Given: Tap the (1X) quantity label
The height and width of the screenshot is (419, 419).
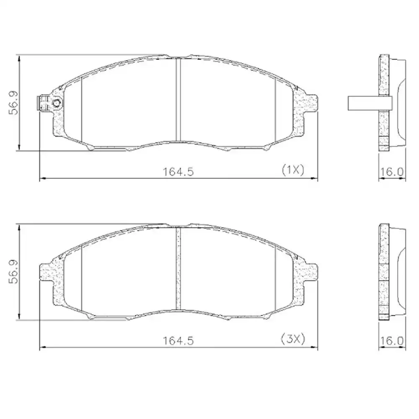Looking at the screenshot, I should [x=292, y=170].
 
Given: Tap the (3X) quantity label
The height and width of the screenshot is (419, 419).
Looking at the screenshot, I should [x=292, y=339].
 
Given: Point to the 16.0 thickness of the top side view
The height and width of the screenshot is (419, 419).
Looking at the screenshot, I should [x=392, y=171].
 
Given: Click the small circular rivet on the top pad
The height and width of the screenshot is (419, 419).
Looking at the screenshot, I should [x=57, y=103].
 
